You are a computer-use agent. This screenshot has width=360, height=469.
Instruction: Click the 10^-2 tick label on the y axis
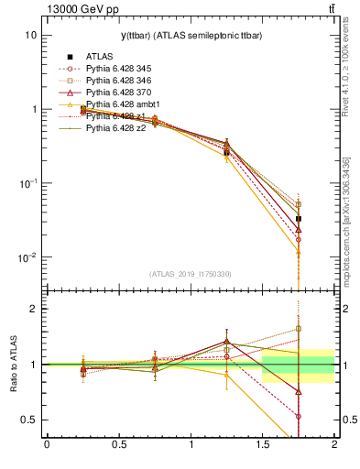tap(27, 257)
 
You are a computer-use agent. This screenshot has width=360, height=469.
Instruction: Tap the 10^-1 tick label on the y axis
tap(27, 183)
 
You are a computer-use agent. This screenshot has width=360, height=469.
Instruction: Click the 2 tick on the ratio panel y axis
tap(33, 309)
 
